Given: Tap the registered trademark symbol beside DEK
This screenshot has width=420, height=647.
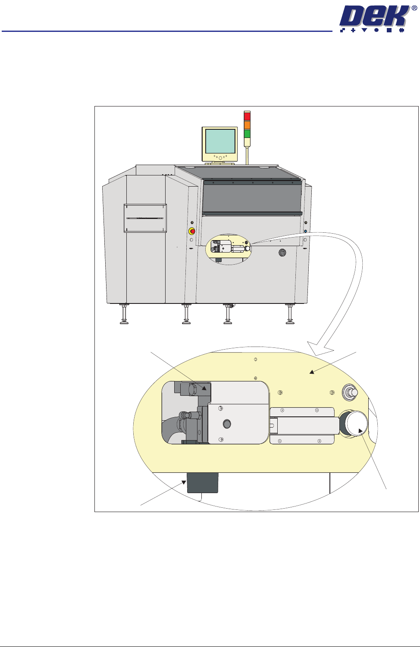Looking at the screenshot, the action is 414,8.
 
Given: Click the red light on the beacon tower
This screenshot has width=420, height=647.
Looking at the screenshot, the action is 247,116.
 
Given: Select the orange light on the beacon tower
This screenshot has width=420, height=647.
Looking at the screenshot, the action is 247,125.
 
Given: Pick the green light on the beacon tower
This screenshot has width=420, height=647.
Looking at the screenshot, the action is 247,134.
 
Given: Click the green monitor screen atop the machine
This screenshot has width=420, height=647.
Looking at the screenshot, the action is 220,141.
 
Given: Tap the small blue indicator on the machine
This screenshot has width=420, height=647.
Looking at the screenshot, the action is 305,231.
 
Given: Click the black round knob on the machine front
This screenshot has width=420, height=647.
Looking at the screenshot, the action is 282,253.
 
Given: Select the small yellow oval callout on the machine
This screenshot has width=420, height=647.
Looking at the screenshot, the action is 229,249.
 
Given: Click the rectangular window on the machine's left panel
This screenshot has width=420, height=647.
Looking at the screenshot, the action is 145,218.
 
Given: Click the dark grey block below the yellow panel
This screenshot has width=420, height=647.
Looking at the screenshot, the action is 202,483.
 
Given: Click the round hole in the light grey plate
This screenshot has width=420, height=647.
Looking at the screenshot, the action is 227,424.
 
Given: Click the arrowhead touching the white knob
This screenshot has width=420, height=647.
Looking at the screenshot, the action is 361,431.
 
